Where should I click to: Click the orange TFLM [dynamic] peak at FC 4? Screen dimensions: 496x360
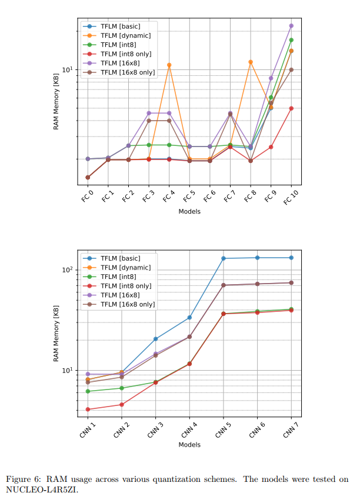click(x=169, y=65)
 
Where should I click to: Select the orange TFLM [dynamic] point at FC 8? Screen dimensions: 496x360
click(x=251, y=62)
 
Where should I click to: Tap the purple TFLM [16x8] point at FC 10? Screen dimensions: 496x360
click(x=291, y=26)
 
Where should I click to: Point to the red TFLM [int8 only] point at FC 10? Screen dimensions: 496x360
click(x=291, y=108)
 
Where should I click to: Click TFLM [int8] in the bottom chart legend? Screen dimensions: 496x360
click(x=118, y=277)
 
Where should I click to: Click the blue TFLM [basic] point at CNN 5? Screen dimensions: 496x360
click(x=224, y=258)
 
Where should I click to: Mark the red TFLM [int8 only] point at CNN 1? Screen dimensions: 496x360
click(x=88, y=410)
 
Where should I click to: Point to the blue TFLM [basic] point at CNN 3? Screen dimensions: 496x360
click(x=156, y=339)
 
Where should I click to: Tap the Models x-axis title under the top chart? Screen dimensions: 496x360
click(x=189, y=211)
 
